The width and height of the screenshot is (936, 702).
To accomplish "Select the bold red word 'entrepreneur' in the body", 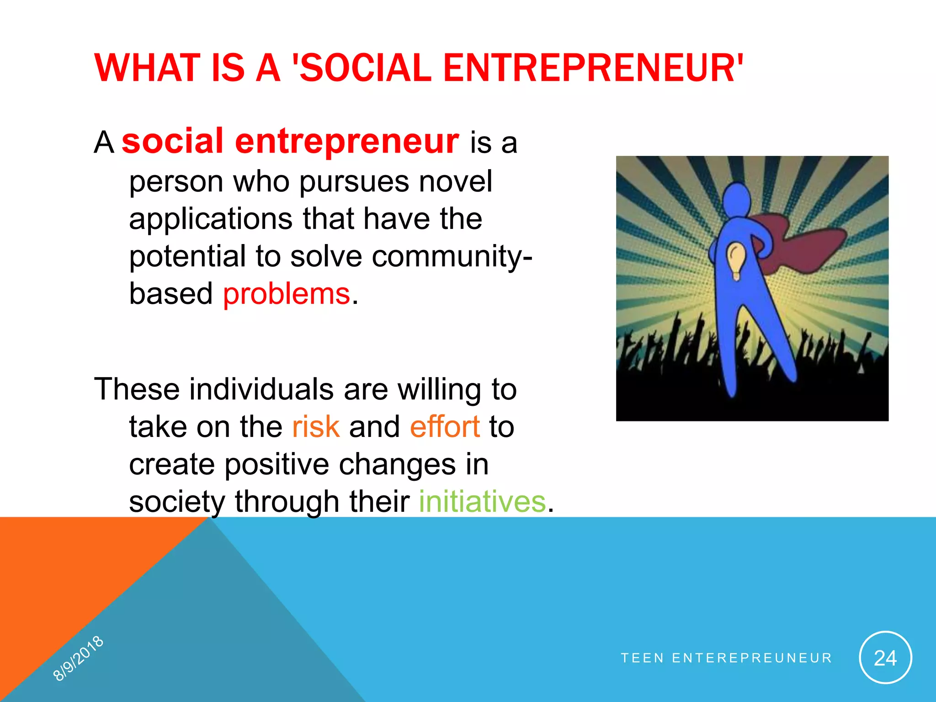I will point(347,142).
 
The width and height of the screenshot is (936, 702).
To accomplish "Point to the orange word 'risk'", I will point(316,427).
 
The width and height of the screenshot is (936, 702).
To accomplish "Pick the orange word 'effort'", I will point(445,427).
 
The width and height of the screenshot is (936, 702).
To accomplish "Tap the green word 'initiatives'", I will point(482,502).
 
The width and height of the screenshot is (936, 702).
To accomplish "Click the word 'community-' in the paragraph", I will point(452,257).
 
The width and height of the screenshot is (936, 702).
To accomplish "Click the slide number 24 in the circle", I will point(885,658).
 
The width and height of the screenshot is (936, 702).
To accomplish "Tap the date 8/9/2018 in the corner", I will point(78,659).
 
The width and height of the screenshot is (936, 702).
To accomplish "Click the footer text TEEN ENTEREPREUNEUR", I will point(726,658).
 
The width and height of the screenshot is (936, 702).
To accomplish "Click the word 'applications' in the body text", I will point(211,219).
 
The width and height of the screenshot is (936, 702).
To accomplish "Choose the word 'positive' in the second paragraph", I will point(277,464).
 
